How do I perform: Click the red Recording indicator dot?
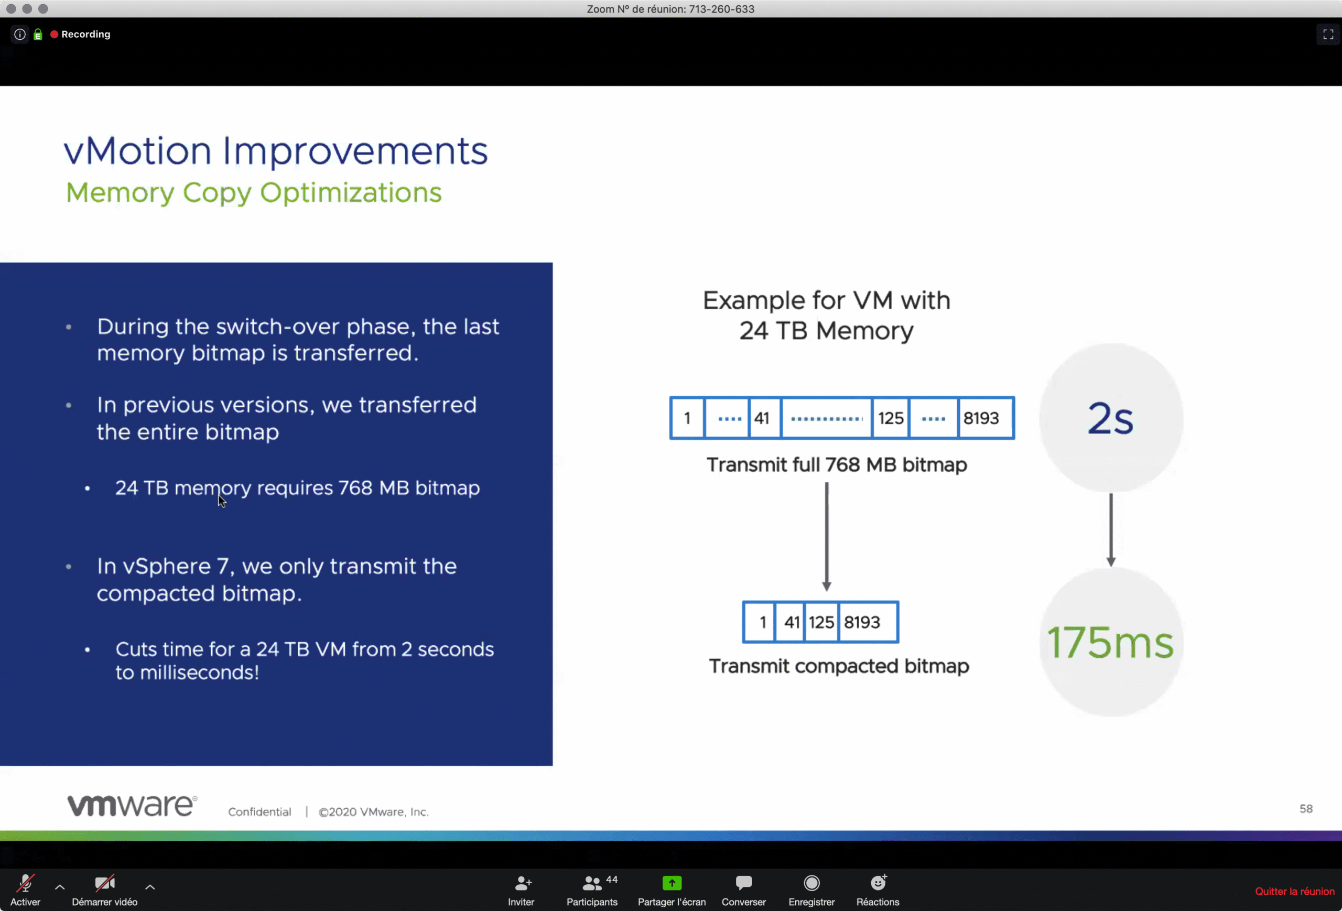pyautogui.click(x=55, y=34)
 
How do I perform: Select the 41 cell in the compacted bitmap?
pyautogui.click(x=791, y=622)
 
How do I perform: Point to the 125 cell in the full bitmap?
pyautogui.click(x=891, y=418)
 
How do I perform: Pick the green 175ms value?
pyautogui.click(x=1110, y=642)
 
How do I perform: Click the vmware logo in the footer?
pyautogui.click(x=132, y=805)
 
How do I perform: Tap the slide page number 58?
pyautogui.click(x=1306, y=809)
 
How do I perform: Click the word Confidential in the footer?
pyautogui.click(x=260, y=812)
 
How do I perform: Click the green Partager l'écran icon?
pyautogui.click(x=672, y=883)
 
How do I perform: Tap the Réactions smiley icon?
pyautogui.click(x=878, y=882)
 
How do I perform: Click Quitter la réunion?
pyautogui.click(x=1295, y=892)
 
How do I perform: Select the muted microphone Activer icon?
pyautogui.click(x=25, y=883)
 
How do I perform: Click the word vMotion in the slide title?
pyautogui.click(x=138, y=151)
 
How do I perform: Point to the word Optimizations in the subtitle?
pyautogui.click(x=351, y=193)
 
